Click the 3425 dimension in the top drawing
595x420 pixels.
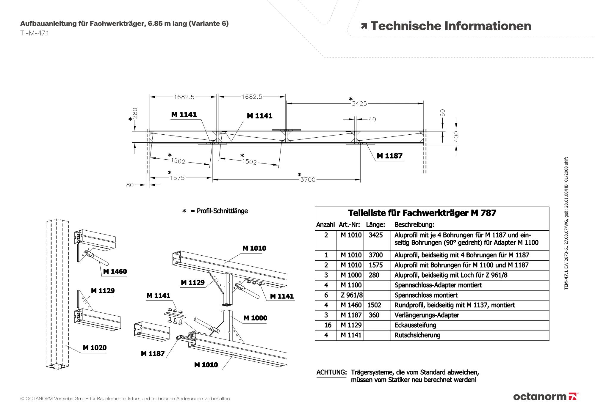(x=359, y=103)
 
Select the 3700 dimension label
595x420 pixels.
(x=308, y=180)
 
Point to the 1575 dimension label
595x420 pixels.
(x=177, y=178)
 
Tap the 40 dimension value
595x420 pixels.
(x=372, y=119)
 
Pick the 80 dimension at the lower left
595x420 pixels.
(x=130, y=185)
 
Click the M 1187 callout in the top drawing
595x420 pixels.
(x=389, y=156)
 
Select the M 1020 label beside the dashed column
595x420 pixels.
(x=95, y=347)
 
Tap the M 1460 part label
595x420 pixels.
(x=115, y=271)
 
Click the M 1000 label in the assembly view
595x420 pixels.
(x=255, y=318)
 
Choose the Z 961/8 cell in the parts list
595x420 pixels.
(x=352, y=295)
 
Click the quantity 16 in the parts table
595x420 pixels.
(x=328, y=325)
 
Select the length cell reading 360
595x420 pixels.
(x=374, y=315)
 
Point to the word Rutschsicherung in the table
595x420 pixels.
(x=417, y=335)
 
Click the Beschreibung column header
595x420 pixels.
(x=414, y=225)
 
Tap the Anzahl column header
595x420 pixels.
(x=325, y=225)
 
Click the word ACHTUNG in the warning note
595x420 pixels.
(x=331, y=372)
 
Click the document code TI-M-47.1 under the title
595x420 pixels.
(x=35, y=33)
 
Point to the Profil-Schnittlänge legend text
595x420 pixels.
(x=222, y=211)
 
